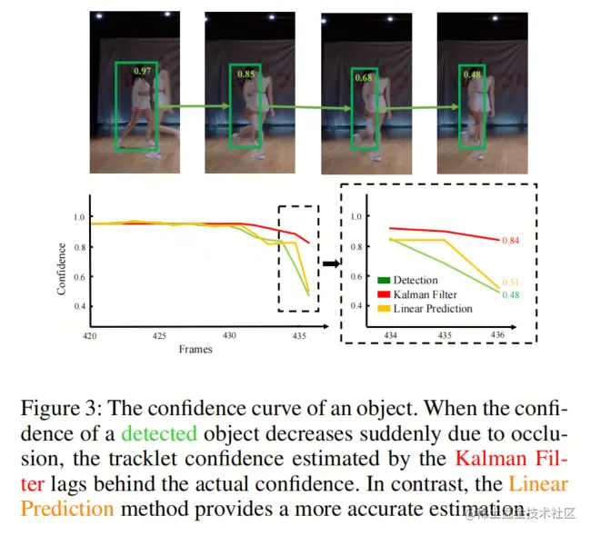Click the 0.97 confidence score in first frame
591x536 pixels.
[x=143, y=70]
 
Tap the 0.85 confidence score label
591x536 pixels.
[x=246, y=74]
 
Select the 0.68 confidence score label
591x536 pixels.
[x=363, y=78]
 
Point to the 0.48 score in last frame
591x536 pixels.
[x=472, y=74]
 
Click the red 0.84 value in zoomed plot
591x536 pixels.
[x=511, y=241]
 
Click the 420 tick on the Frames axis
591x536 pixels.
[x=90, y=336]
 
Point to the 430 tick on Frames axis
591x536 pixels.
[x=229, y=336]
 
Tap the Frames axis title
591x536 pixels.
[x=196, y=349]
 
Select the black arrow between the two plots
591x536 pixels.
[x=329, y=264]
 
